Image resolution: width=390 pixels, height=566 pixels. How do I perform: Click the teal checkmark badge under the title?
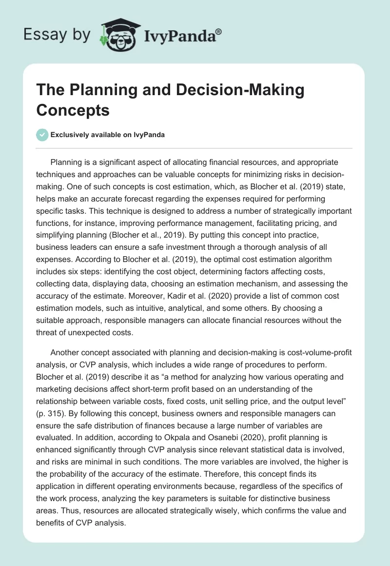pyautogui.click(x=42, y=135)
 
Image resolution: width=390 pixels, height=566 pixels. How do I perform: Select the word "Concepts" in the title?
pyautogui.click(x=73, y=110)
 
